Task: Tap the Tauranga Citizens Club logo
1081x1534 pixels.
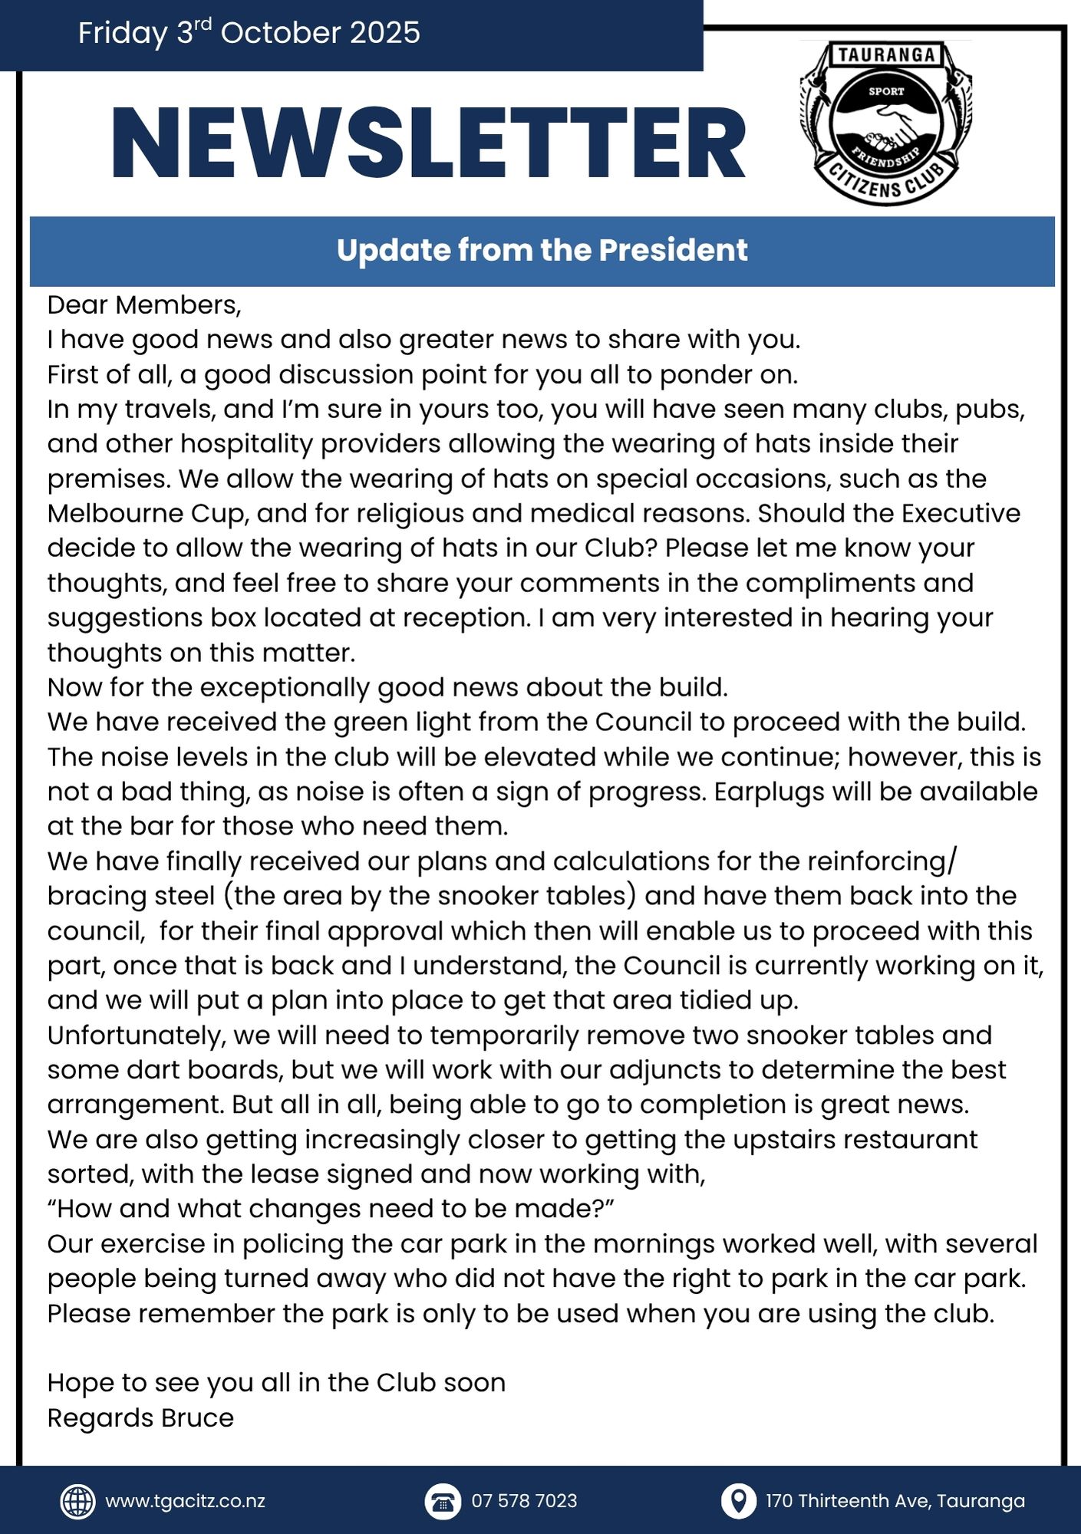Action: point(886,123)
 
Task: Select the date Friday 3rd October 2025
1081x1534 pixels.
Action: point(249,33)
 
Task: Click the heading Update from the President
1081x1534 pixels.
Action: point(542,250)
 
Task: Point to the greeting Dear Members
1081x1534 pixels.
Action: point(144,304)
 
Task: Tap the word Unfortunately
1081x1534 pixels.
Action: point(136,1035)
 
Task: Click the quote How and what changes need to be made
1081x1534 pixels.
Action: point(331,1209)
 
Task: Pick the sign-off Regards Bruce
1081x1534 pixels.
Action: point(140,1417)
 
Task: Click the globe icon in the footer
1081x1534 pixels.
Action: point(77,1501)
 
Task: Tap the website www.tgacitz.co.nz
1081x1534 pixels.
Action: point(185,1501)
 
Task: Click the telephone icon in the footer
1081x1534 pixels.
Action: point(443,1501)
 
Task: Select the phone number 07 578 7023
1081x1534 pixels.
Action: point(524,1501)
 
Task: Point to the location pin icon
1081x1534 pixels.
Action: point(738,1501)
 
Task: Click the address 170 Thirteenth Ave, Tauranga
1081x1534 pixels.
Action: point(895,1501)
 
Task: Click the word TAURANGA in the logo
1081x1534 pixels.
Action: point(886,55)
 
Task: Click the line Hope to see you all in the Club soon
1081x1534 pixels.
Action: point(276,1382)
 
